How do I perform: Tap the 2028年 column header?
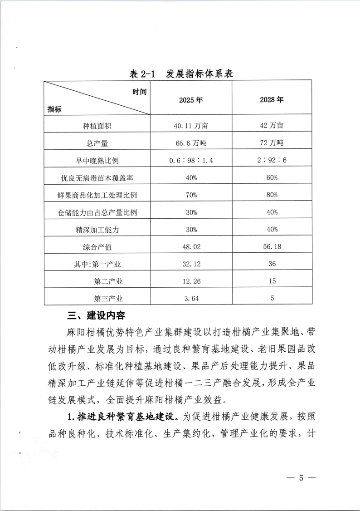(272, 100)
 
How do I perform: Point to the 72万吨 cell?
(272, 143)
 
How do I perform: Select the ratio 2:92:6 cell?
(272, 160)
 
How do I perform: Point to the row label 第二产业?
(108, 282)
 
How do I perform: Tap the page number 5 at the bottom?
(301, 478)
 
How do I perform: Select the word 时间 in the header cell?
(140, 92)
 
